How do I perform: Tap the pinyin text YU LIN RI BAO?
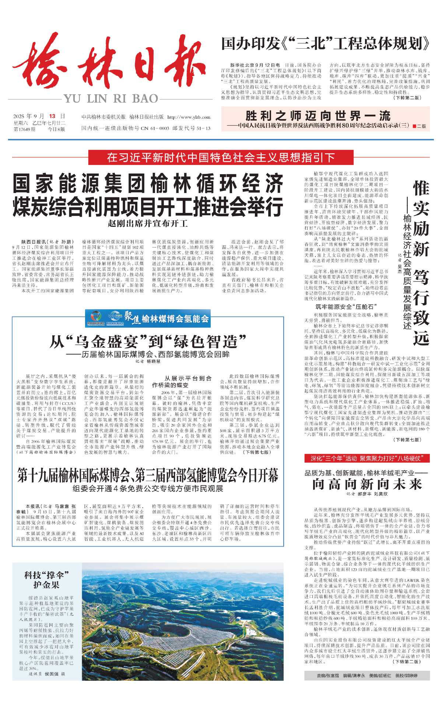110,99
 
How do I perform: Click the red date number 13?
52,116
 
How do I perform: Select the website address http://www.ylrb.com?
189,117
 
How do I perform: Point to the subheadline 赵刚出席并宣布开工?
148,223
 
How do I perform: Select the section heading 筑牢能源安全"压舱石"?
346,306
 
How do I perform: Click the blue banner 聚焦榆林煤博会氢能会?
148,318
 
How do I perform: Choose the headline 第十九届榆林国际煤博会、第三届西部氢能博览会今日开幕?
148,476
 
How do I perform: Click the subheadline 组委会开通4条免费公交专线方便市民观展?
148,488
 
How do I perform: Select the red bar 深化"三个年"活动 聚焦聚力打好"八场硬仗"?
367,458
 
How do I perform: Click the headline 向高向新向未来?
367,484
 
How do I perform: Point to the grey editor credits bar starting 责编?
367,676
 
